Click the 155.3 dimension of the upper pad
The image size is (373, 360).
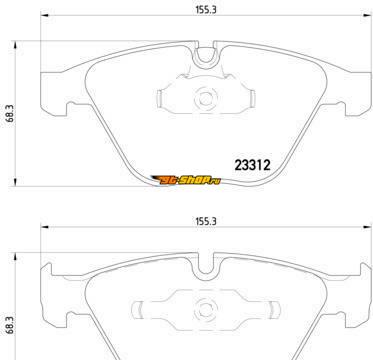206,10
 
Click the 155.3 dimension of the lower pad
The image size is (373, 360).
206,221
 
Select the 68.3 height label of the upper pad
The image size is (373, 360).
9,113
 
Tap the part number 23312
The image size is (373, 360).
253,165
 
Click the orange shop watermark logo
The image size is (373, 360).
186,180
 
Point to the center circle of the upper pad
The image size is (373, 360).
205,98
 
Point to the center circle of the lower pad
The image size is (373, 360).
205,309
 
